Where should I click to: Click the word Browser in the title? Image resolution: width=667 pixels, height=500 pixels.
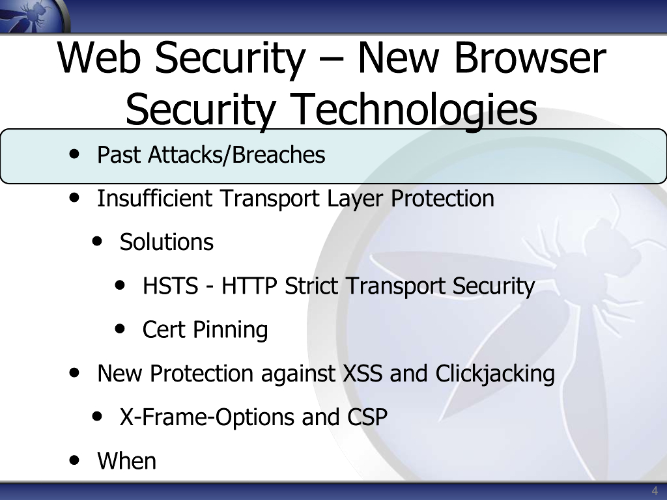(530, 57)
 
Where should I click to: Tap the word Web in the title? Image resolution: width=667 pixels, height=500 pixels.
(99, 57)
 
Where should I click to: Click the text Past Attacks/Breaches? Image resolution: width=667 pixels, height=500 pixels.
(211, 154)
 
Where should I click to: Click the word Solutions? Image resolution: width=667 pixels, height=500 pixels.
(166, 242)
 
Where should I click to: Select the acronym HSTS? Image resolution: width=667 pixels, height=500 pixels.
(170, 286)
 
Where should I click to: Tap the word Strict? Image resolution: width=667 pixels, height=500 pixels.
(311, 286)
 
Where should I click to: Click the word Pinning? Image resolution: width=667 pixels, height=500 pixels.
(230, 330)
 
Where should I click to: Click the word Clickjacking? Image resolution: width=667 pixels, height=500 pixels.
(495, 374)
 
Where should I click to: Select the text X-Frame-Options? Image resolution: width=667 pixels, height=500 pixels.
(207, 417)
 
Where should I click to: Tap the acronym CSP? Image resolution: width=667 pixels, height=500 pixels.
(367, 417)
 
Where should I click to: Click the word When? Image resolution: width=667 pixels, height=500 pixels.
(127, 461)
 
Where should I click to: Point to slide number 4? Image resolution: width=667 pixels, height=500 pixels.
(654, 490)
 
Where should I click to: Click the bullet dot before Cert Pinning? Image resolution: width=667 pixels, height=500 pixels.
(120, 329)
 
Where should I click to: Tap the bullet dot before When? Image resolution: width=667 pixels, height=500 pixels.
(74, 460)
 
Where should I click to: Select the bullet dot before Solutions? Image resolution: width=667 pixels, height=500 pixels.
(98, 242)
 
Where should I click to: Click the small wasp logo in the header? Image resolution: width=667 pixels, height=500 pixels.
(33, 16)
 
